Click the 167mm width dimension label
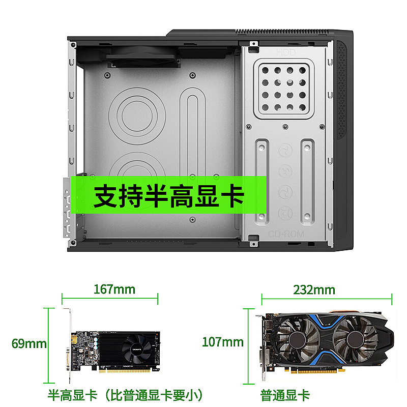pos(114,289)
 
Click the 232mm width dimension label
pos(314,289)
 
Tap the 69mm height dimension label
pos(29,343)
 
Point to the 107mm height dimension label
pos(223,342)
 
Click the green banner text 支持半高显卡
pos(169,195)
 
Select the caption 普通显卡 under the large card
pos(285,395)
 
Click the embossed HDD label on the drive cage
pos(286,53)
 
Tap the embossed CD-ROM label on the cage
pos(286,234)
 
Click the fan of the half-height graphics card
pos(136,349)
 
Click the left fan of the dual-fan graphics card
pos(297,339)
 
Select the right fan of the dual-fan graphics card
pos(355,339)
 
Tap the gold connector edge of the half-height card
pos(125,371)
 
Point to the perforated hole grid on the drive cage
pos(284,89)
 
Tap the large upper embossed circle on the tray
pos(137,116)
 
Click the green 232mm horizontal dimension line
pos(327,299)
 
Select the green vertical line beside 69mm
pos(48,345)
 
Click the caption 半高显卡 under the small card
pos(72,395)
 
